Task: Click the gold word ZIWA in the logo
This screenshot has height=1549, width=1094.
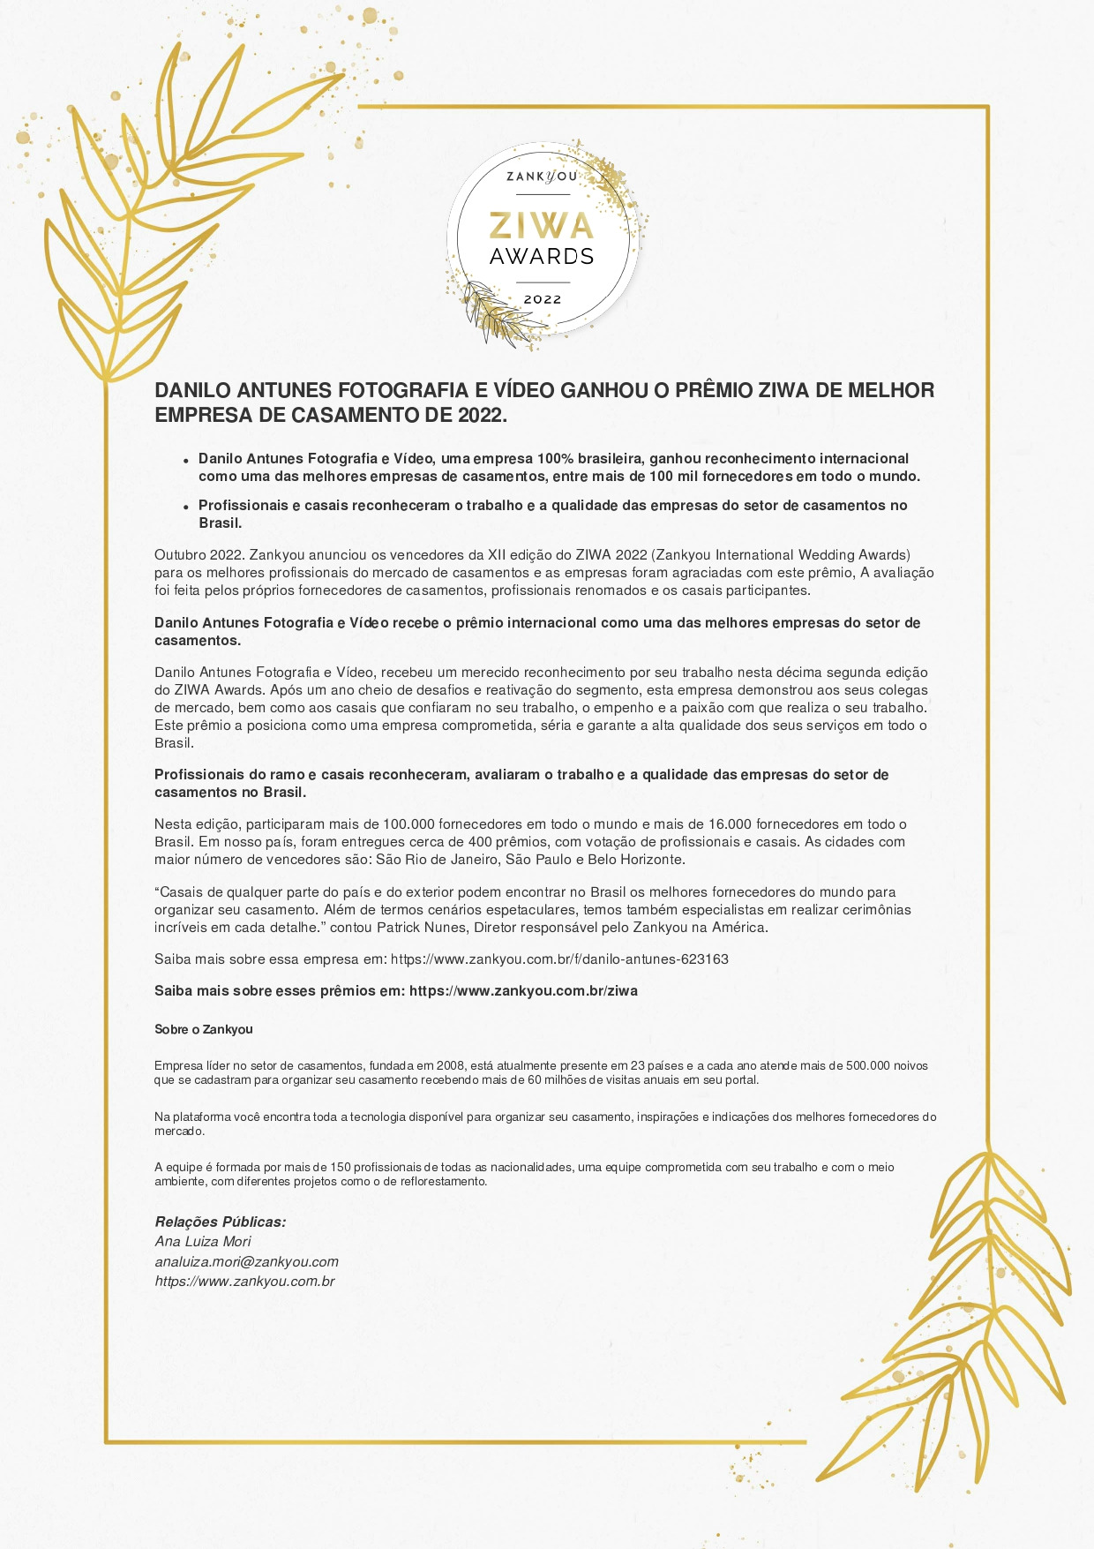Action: pyautogui.click(x=542, y=226)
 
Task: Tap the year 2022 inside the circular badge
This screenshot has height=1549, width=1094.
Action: pyautogui.click(x=543, y=300)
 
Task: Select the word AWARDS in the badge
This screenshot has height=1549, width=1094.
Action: pyautogui.click(x=542, y=257)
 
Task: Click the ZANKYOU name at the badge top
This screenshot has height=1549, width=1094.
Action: pyautogui.click(x=542, y=177)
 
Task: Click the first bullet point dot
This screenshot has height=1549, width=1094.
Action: pyautogui.click(x=186, y=461)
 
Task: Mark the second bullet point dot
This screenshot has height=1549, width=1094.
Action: pyautogui.click(x=186, y=508)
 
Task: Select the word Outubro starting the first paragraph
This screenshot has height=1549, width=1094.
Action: pyautogui.click(x=180, y=555)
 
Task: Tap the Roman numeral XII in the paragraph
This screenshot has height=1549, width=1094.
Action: pyautogui.click(x=499, y=555)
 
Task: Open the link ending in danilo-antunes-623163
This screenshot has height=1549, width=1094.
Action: pyautogui.click(x=559, y=959)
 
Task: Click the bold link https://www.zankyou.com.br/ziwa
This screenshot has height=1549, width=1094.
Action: pyautogui.click(x=523, y=991)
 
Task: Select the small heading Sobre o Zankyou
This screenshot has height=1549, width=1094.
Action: pyautogui.click(x=204, y=1030)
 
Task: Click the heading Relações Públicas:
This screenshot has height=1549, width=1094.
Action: pyautogui.click(x=221, y=1222)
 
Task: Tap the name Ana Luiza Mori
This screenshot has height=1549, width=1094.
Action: pyautogui.click(x=203, y=1242)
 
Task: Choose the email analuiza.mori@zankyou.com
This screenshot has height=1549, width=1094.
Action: pyautogui.click(x=247, y=1262)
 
